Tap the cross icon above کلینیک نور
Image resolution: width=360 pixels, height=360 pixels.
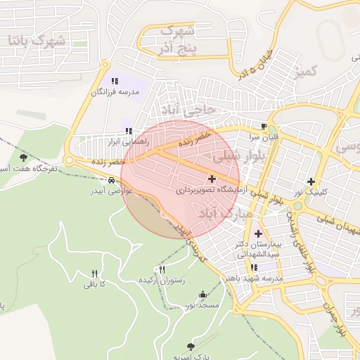311,181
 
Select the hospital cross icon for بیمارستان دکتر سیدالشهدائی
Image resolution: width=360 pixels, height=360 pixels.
258,233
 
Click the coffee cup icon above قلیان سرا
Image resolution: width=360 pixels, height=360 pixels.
263,127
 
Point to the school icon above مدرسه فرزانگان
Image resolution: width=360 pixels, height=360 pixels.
115,82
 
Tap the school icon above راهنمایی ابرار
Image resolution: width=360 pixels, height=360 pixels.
128,131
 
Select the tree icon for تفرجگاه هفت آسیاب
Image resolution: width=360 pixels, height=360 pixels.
25,157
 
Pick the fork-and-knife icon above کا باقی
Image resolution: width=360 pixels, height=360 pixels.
94,274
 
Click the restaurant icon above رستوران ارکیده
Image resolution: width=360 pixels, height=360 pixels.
162,270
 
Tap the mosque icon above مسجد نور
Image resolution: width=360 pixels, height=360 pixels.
203,295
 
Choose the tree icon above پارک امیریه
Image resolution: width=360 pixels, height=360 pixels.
191,347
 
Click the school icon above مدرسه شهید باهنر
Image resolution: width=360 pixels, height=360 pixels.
254,267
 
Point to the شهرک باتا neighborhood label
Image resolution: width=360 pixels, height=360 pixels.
36,40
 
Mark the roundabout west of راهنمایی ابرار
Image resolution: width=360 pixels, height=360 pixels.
69,160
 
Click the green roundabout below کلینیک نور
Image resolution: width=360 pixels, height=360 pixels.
298,207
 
